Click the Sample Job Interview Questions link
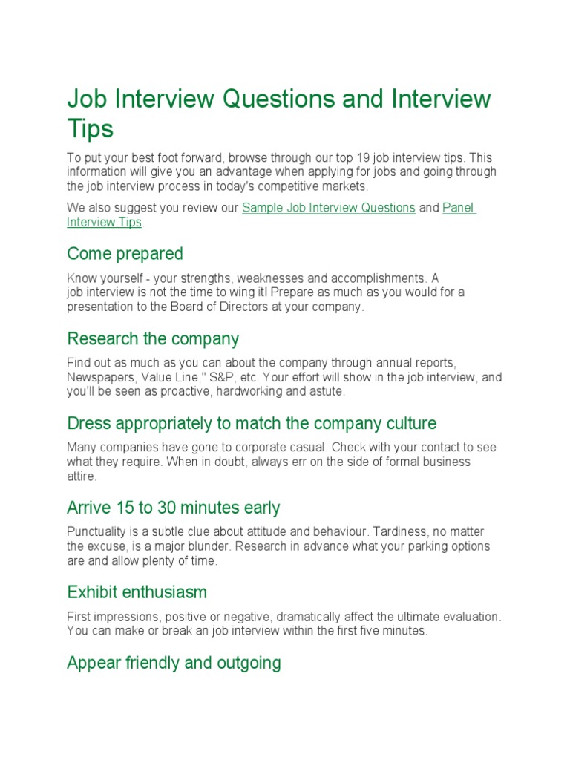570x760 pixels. (x=329, y=208)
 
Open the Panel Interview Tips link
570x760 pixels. (x=459, y=208)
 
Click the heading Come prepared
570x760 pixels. (x=125, y=254)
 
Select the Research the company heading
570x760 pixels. (x=153, y=339)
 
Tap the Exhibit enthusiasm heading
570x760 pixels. (x=137, y=592)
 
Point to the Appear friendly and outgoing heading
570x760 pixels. (x=174, y=663)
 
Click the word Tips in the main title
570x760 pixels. (x=90, y=129)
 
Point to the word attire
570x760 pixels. (x=81, y=476)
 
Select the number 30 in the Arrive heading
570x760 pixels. (x=163, y=508)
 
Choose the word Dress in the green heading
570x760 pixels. (x=88, y=424)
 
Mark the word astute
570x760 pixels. (x=326, y=392)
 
